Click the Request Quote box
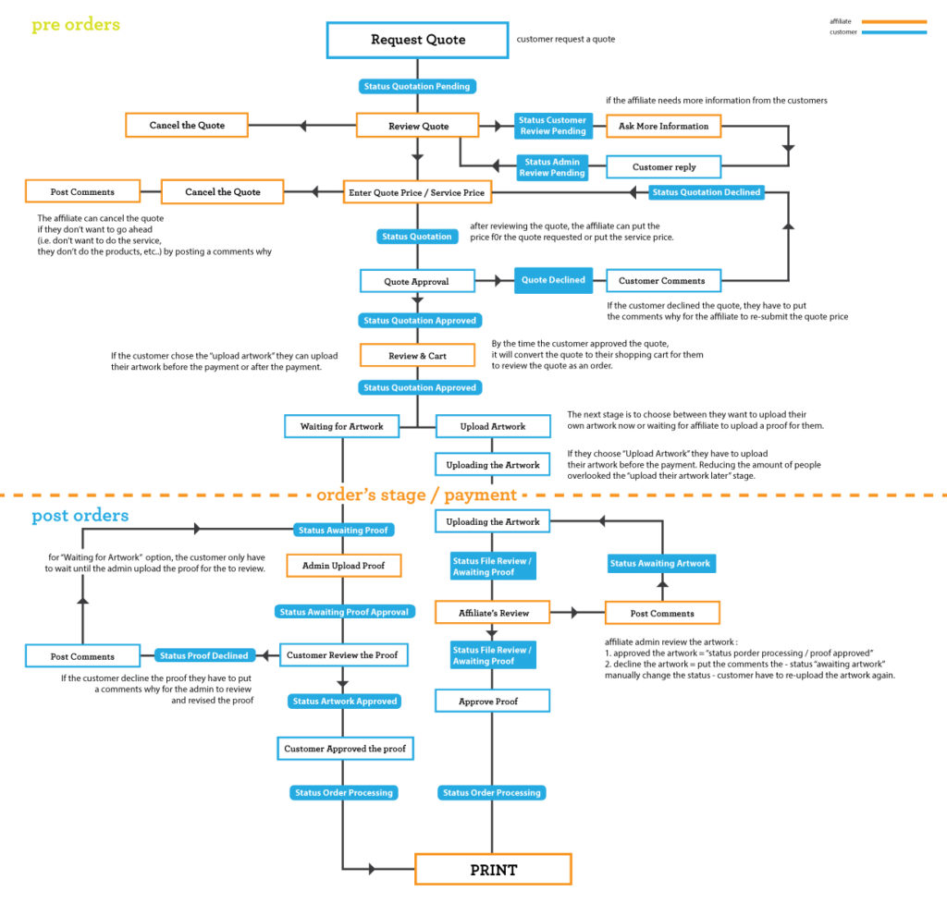point(417,40)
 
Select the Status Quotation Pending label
point(416,87)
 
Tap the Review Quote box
point(418,126)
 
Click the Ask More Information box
point(663,126)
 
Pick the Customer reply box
point(663,167)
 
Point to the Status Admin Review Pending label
point(552,167)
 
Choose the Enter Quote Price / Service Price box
point(417,192)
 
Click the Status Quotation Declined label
point(707,192)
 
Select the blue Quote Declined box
point(553,280)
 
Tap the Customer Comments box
point(662,280)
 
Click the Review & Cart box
point(417,355)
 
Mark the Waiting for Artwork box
point(341,426)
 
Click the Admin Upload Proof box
point(343,565)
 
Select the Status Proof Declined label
point(203,655)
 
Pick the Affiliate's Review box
point(493,612)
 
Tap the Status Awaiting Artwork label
point(660,563)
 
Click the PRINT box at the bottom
point(493,869)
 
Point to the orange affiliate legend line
point(892,21)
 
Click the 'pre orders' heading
point(76,25)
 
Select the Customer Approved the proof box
point(343,748)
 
